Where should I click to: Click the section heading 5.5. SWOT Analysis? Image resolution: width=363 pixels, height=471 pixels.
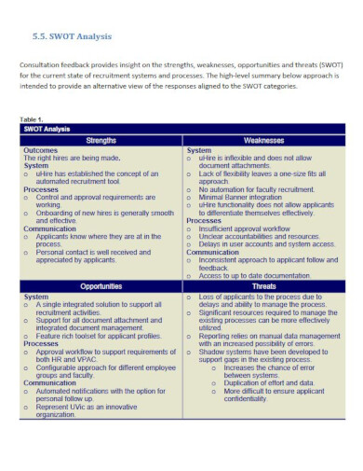[x=68, y=37]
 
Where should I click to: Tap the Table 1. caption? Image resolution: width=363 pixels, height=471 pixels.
[x=32, y=120]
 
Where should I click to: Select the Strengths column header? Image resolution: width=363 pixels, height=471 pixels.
[x=101, y=140]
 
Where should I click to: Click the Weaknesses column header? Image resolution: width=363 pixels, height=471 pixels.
[x=263, y=140]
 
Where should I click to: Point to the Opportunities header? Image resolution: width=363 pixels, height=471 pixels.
[x=101, y=285]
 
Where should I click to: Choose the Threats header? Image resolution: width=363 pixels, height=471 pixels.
[x=263, y=285]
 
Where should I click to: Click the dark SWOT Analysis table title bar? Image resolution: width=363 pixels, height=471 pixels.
[x=47, y=130]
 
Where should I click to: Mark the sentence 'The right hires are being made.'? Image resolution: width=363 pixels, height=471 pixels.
[x=72, y=158]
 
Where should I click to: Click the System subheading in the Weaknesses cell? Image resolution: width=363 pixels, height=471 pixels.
[x=198, y=150]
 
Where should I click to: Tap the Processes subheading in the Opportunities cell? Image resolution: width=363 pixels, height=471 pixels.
[x=40, y=343]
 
